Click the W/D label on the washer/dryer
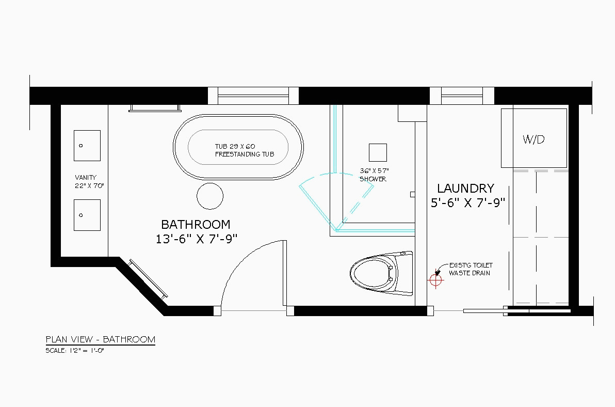[x=533, y=139]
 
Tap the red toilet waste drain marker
[x=436, y=280]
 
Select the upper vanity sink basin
[x=87, y=146]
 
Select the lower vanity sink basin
[x=87, y=215]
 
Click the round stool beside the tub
[x=210, y=196]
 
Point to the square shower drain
[x=378, y=152]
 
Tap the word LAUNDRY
[x=465, y=189]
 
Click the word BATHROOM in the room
[x=196, y=225]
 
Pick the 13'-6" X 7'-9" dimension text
[x=197, y=239]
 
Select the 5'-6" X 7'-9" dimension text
[x=467, y=203]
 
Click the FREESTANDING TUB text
[x=245, y=154]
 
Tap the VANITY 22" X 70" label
[x=89, y=182]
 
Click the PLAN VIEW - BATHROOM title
[x=101, y=339]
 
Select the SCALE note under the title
[x=74, y=351]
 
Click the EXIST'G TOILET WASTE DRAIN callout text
[x=471, y=269]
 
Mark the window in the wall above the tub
[x=253, y=96]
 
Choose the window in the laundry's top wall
[x=462, y=96]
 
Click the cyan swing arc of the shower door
[x=336, y=174]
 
